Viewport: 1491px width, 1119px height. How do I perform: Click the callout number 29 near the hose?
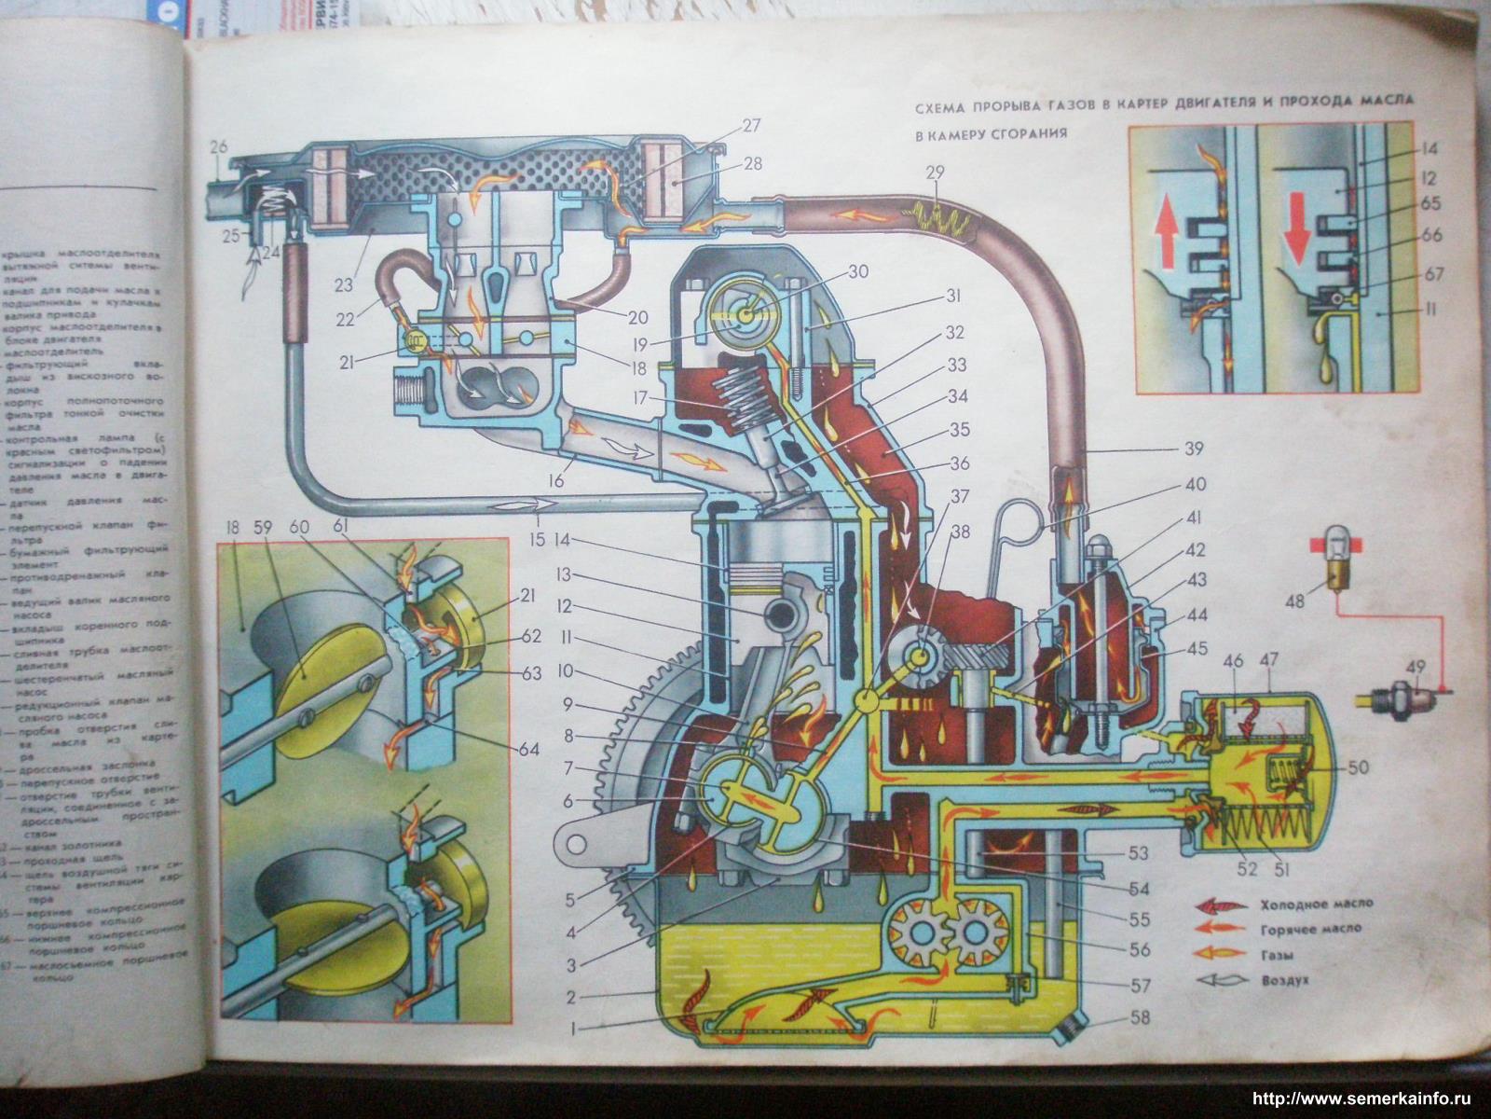click(937, 173)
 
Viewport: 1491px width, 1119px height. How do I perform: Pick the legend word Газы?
click(1275, 955)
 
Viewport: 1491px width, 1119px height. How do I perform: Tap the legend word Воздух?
click(1284, 981)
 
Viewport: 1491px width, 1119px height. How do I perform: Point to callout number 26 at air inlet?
click(218, 146)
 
